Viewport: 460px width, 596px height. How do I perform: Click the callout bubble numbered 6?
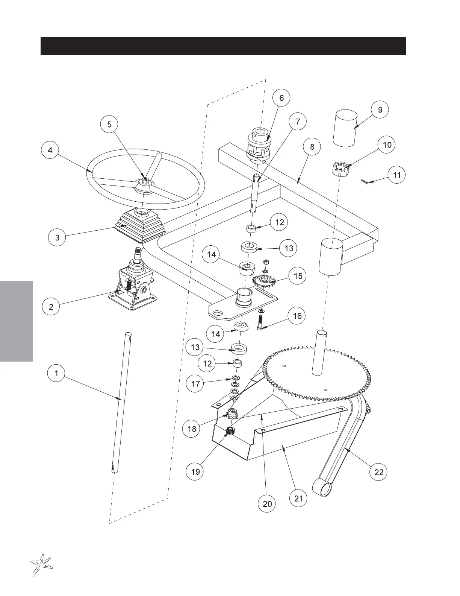[281, 98]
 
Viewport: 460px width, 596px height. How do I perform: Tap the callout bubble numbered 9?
[380, 109]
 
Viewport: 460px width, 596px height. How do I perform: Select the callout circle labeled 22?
[379, 472]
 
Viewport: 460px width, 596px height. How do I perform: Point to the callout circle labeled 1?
[56, 373]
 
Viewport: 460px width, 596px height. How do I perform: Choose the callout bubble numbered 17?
[195, 384]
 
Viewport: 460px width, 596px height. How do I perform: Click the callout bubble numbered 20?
[267, 503]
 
